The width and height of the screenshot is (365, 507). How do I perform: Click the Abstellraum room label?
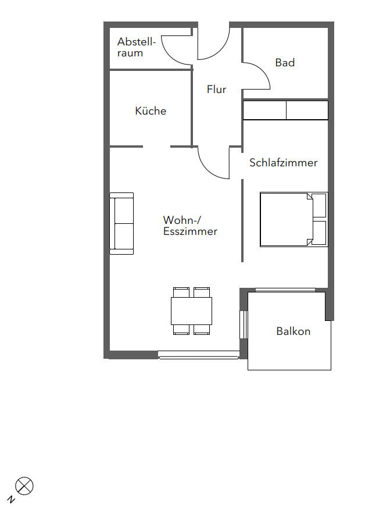click(x=137, y=47)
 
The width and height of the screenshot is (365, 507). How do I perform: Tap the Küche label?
click(x=151, y=110)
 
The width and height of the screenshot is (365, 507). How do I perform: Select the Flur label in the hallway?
click(x=216, y=89)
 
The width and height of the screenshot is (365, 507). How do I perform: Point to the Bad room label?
click(x=285, y=62)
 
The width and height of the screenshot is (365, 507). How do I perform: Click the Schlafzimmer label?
click(x=283, y=162)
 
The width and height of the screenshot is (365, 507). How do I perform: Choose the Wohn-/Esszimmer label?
click(x=190, y=226)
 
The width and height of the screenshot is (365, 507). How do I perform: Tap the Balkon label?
click(x=294, y=331)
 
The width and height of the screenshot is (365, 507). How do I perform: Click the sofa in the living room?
click(x=121, y=223)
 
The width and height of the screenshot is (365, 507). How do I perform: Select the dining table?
click(x=191, y=311)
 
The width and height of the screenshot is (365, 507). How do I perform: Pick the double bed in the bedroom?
click(x=294, y=220)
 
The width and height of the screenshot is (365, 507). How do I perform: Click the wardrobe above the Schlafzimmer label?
click(x=285, y=110)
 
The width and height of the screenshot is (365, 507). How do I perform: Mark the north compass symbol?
click(x=24, y=485)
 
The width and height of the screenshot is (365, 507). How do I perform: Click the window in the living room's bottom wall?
click(x=199, y=355)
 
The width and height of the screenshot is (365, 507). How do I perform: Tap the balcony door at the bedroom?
click(x=285, y=290)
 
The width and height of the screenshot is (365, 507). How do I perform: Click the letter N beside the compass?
click(x=11, y=499)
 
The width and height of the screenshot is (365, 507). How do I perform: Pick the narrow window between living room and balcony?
click(x=244, y=324)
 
